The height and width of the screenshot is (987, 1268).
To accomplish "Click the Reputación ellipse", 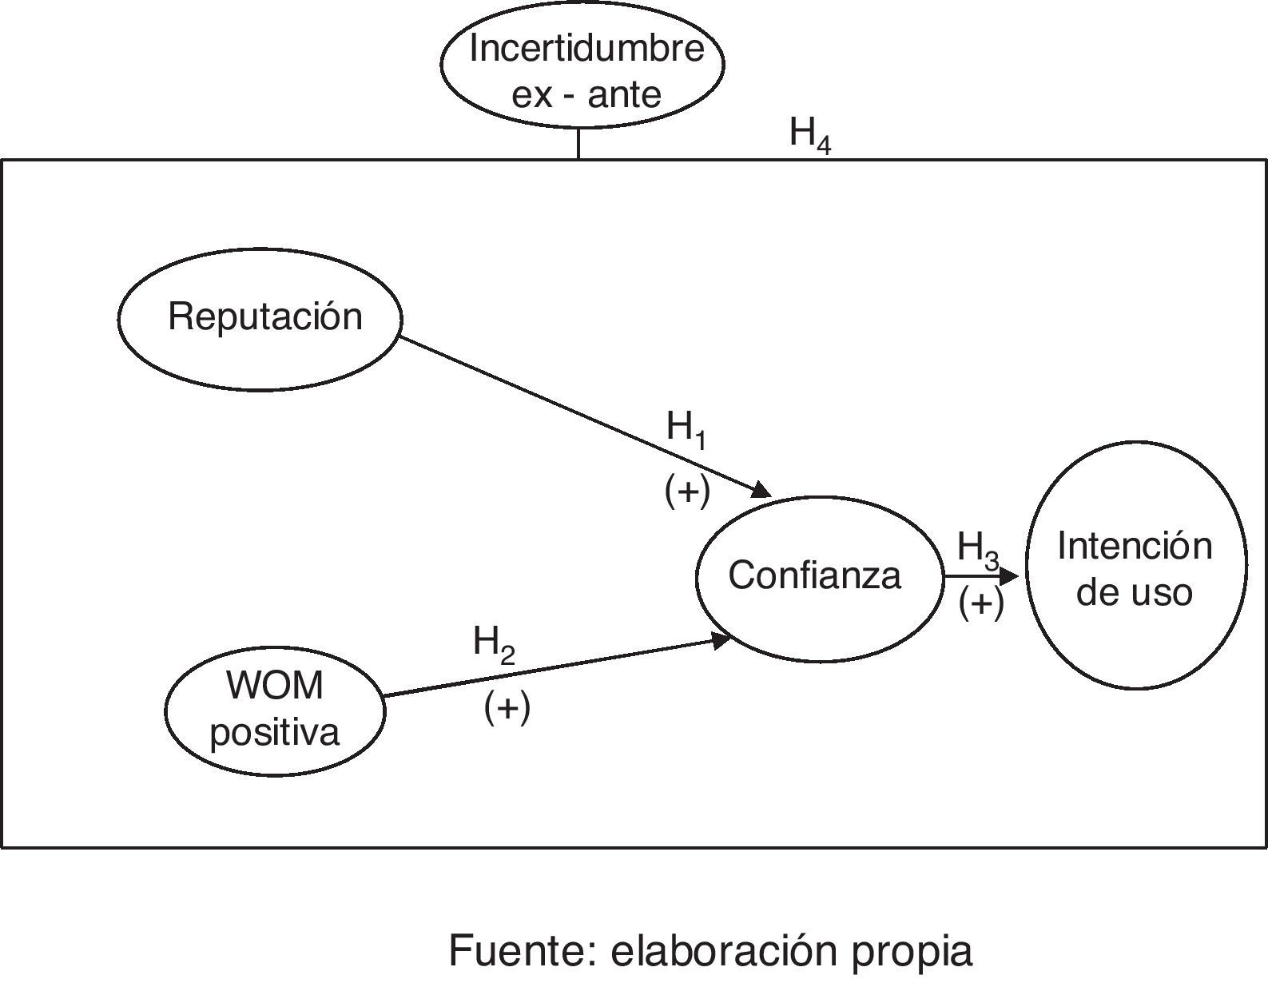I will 260,318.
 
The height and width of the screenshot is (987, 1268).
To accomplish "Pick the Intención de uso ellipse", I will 1135,566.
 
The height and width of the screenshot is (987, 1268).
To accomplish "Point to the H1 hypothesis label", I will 686,430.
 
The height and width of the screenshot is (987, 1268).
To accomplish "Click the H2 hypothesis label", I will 493,643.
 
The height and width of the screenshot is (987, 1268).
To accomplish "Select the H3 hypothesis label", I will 977,550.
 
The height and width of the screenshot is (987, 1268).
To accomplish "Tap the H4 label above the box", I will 809,133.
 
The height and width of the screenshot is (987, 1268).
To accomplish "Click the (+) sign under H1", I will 687,489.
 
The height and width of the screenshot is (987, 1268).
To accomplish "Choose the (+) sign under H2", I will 507,707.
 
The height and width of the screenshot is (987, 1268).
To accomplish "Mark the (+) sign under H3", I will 981,603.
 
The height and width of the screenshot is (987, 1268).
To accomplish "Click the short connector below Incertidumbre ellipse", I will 578,144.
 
